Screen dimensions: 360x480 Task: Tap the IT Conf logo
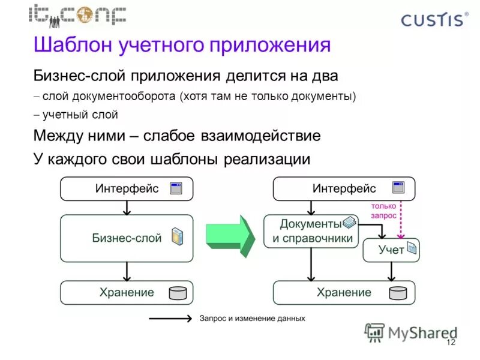click(x=77, y=14)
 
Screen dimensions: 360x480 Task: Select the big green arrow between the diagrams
click(x=230, y=235)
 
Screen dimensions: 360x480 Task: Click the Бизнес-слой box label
click(x=127, y=238)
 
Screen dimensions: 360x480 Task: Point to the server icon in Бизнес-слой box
click(x=177, y=236)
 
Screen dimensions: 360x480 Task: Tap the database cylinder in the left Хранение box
click(x=178, y=293)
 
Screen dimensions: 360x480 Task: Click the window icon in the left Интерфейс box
click(x=176, y=188)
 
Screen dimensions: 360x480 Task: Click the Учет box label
click(x=391, y=250)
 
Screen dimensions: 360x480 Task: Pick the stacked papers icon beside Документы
click(x=349, y=223)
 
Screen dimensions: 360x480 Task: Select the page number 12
click(x=451, y=343)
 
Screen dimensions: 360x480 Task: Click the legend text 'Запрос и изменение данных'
click(x=252, y=318)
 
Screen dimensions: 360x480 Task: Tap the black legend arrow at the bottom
click(x=170, y=318)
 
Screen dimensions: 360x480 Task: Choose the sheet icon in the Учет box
click(x=412, y=247)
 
